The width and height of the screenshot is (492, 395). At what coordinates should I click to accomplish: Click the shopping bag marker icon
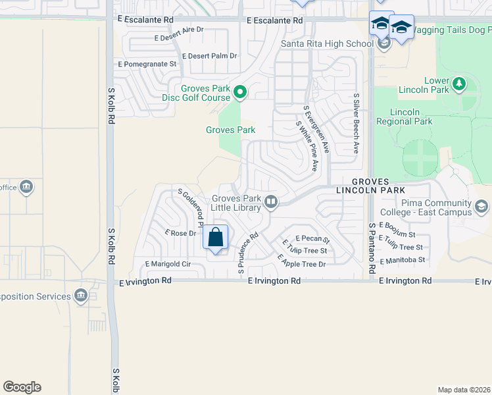(x=216, y=237)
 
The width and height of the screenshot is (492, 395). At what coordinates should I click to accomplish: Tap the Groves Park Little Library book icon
(x=271, y=201)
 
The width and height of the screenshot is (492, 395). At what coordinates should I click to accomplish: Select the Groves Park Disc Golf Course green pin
(x=240, y=93)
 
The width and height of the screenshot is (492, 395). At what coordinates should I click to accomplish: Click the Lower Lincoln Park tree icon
(x=459, y=84)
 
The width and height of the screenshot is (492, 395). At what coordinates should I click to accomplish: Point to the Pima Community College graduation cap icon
(x=481, y=208)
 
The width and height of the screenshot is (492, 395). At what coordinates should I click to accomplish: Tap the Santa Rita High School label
(x=327, y=44)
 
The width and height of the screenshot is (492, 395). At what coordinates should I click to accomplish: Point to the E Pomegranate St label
(x=147, y=64)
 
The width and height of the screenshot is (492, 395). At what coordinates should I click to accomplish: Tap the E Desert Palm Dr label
(x=209, y=56)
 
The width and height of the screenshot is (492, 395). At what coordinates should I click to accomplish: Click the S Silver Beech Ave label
(x=356, y=123)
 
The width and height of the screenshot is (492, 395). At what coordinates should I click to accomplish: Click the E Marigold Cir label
(x=168, y=264)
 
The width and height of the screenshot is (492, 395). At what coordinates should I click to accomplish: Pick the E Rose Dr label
(x=181, y=233)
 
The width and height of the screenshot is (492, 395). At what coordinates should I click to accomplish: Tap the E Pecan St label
(x=312, y=238)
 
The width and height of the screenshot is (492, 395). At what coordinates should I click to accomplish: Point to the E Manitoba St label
(x=403, y=259)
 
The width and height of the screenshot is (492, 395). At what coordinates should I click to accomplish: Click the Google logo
(x=22, y=387)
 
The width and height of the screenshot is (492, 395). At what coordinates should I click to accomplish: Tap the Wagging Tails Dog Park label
(x=453, y=30)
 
